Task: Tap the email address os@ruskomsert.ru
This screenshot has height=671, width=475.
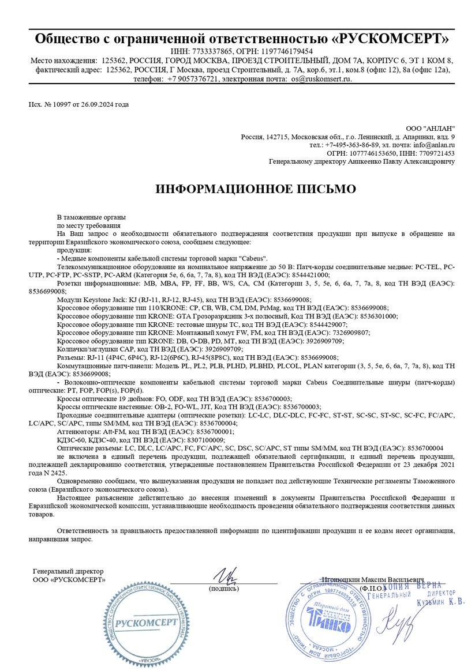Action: [x=321, y=78]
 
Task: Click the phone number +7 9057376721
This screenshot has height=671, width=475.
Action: [x=193, y=78]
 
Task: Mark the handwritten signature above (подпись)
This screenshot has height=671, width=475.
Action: [x=222, y=576]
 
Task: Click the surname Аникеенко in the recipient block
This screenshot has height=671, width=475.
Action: [x=360, y=162]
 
